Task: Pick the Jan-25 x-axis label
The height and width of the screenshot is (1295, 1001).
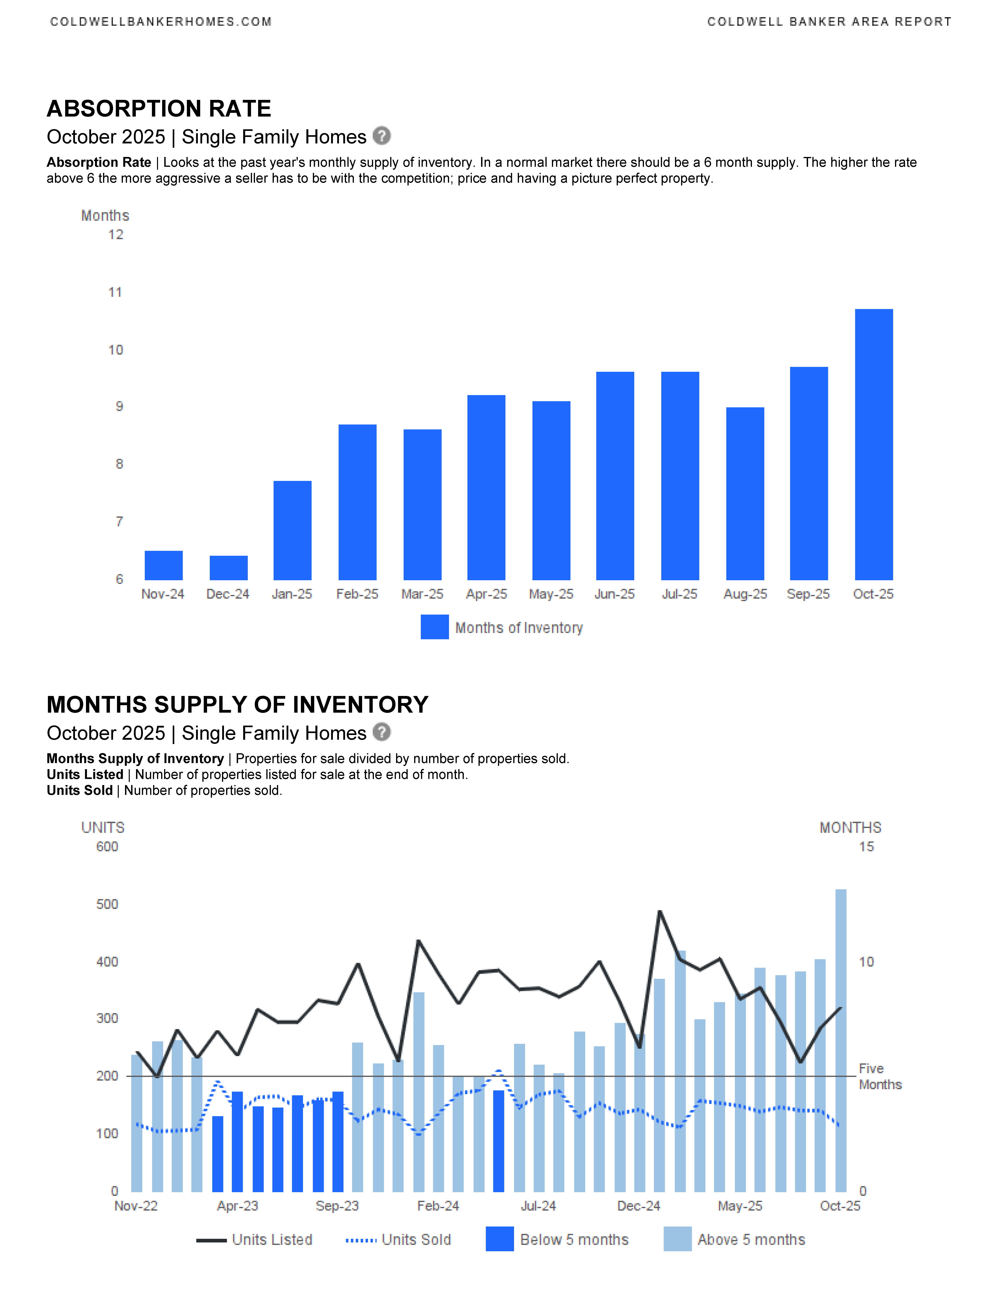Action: tap(292, 594)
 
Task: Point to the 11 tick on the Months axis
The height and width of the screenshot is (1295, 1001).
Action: tap(115, 292)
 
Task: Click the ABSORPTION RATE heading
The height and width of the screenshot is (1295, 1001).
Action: tap(159, 109)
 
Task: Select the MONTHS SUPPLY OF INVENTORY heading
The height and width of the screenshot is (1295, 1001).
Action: tap(237, 705)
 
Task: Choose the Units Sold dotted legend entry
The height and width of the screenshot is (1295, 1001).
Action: tap(398, 1240)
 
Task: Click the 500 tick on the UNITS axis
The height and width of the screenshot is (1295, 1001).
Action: tap(107, 904)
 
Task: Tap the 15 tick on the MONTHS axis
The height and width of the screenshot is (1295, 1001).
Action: tap(866, 847)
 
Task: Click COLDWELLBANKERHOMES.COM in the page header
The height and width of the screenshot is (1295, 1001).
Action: tap(161, 22)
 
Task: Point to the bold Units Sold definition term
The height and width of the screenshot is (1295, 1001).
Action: tap(79, 790)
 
